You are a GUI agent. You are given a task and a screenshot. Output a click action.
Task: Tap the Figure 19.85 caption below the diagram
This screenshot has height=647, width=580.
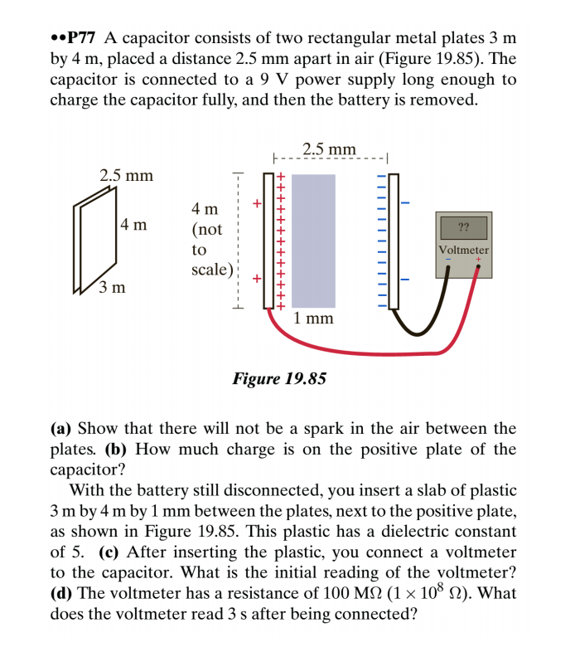coord(279,379)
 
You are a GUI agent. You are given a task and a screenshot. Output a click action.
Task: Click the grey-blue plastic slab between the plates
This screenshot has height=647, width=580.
coord(314,241)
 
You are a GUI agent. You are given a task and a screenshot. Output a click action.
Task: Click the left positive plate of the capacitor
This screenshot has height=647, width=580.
coord(268,241)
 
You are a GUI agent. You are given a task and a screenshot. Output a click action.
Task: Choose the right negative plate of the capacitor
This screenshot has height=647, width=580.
coord(394,241)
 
